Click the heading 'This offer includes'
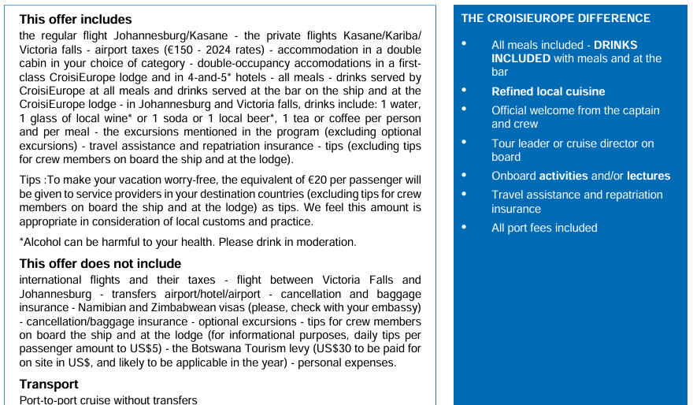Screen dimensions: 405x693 pyautogui.click(x=76, y=20)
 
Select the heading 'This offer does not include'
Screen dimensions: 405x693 pyautogui.click(x=100, y=264)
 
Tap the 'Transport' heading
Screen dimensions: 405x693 pyautogui.click(x=49, y=385)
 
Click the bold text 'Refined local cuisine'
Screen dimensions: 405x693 pyautogui.click(x=548, y=91)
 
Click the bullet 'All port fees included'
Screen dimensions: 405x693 pyautogui.click(x=544, y=228)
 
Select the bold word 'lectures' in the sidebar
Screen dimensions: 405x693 pyautogui.click(x=648, y=176)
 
